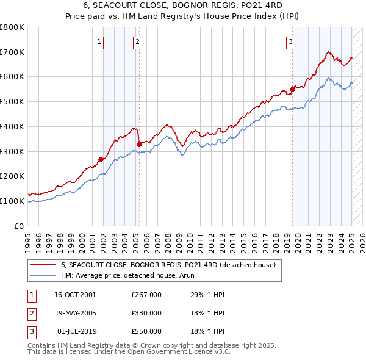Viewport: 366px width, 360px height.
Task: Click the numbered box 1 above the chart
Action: point(99,41)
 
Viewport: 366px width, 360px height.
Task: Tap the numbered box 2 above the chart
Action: point(137,41)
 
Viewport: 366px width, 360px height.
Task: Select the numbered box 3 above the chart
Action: point(291,41)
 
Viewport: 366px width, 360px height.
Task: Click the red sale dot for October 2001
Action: point(101,160)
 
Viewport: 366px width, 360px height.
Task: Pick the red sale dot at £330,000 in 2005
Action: point(140,144)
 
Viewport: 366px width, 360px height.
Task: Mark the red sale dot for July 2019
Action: point(292,89)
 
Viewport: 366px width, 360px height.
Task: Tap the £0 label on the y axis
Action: point(18,226)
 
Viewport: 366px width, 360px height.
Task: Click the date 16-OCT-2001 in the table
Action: point(75,294)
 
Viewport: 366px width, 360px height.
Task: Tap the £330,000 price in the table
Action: point(146,313)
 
